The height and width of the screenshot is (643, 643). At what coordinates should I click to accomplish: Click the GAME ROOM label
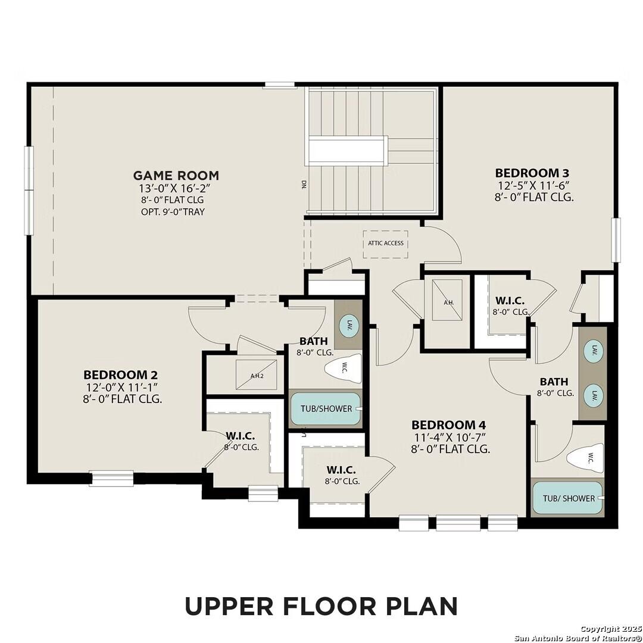(176, 175)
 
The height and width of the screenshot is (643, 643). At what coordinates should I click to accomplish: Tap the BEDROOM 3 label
(527, 173)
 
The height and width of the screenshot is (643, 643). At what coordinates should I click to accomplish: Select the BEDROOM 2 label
(121, 375)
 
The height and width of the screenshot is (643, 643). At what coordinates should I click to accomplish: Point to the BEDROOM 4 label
(449, 425)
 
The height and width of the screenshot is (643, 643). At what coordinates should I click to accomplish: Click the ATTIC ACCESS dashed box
(385, 244)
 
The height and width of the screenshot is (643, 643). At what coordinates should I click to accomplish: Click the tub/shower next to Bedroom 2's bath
(325, 409)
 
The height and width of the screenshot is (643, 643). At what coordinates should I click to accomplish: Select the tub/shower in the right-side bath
(568, 498)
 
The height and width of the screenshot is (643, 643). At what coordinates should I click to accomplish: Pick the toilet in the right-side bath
(585, 458)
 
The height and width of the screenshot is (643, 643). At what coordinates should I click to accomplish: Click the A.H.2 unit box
(257, 376)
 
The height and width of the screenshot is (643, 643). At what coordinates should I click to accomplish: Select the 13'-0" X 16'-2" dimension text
(176, 188)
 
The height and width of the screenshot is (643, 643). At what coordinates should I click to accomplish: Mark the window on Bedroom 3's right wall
(616, 240)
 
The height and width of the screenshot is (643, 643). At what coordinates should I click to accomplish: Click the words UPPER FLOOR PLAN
(321, 605)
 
